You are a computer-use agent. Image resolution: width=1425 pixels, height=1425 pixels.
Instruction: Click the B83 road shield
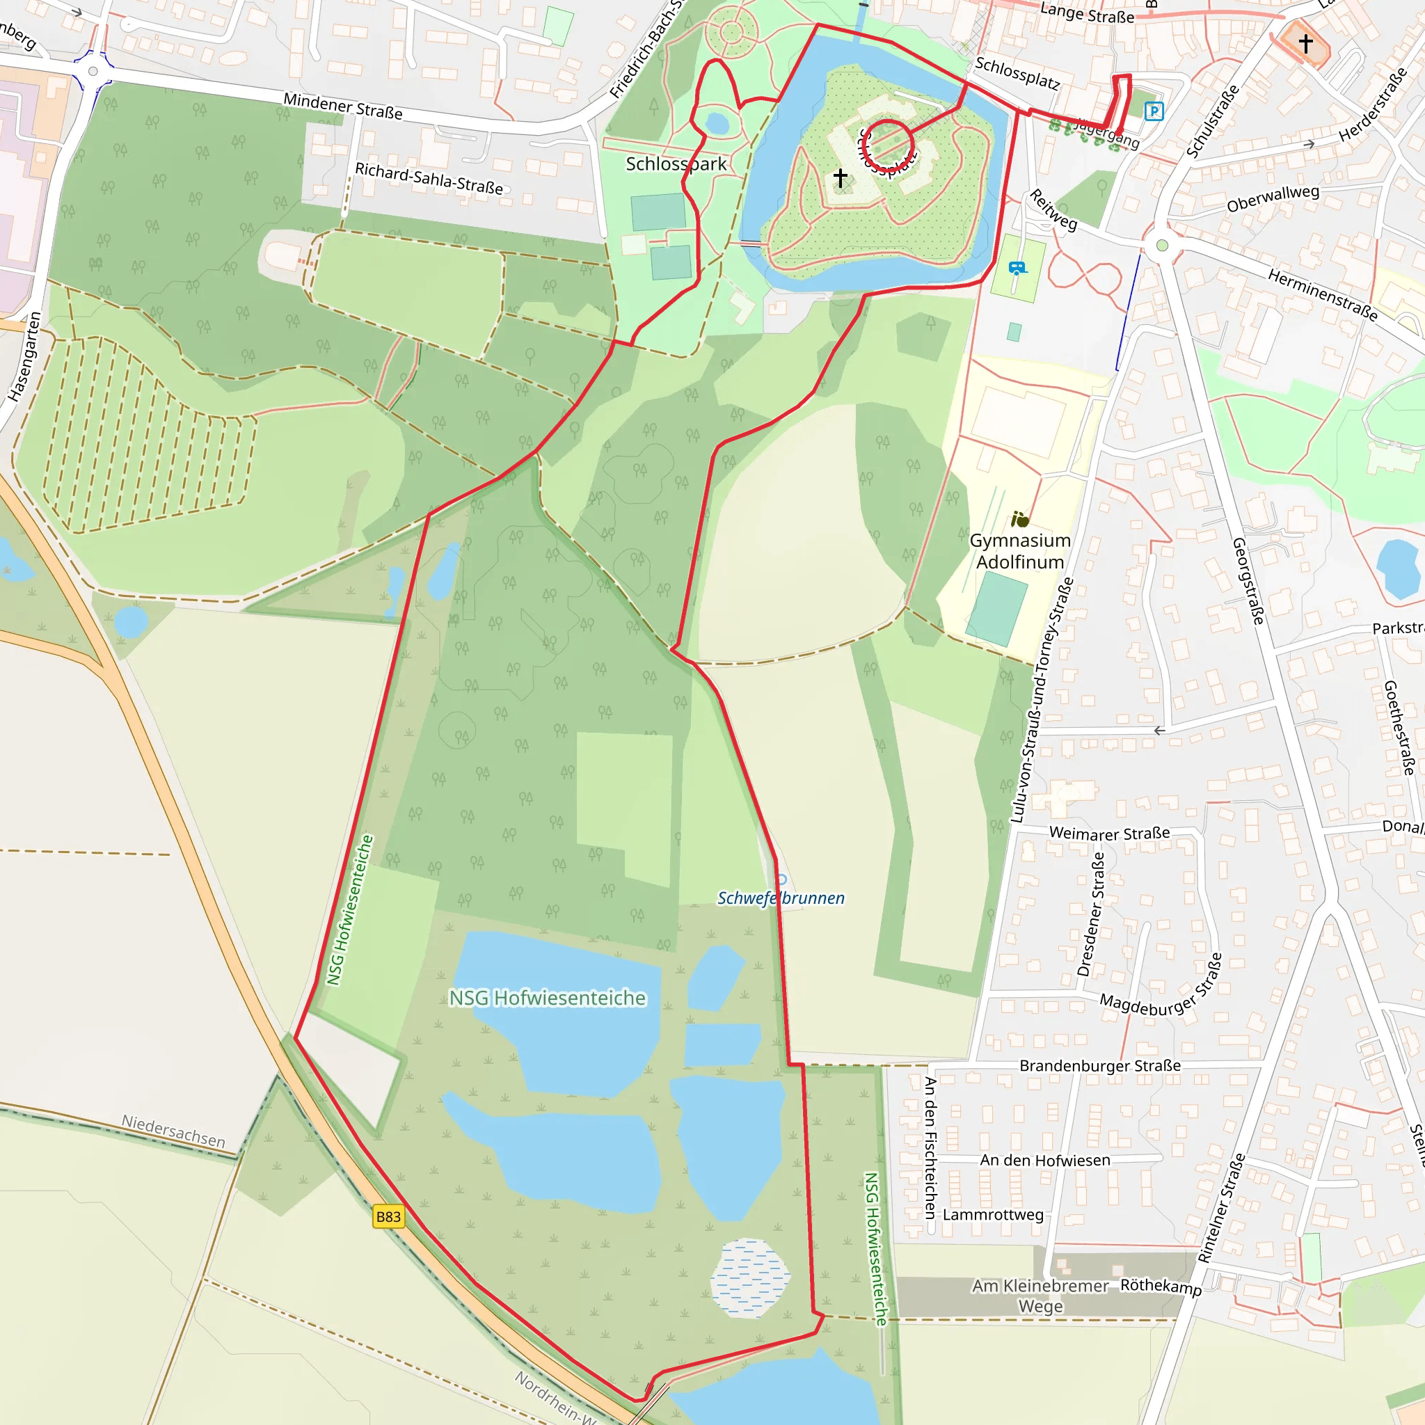388,1216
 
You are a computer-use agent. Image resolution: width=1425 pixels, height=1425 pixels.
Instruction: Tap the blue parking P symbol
1154,111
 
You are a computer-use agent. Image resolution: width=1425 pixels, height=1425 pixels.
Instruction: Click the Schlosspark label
676,164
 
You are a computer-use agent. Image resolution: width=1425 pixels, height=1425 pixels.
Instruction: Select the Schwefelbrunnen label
781,898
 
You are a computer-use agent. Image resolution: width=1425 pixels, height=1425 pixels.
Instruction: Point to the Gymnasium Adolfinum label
1020,551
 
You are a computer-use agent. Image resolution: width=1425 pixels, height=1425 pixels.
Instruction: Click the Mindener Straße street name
343,106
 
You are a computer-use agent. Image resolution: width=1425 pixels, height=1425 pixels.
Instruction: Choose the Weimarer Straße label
1109,834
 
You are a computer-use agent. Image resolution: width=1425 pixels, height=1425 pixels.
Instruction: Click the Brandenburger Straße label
1100,1066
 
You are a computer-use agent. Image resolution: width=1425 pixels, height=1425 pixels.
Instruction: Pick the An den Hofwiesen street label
1044,1160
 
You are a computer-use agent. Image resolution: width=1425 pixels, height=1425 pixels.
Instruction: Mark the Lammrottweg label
993,1215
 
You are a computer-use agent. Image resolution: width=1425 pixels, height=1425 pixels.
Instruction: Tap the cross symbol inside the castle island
840,177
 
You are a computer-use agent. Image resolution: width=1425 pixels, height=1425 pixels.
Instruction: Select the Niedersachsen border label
173,1131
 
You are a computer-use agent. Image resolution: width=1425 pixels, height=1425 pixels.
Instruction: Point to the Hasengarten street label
24,357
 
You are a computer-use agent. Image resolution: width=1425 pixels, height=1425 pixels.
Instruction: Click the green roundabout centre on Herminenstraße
1163,246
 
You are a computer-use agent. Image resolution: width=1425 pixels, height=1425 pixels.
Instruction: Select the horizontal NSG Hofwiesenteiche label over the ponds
548,998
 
